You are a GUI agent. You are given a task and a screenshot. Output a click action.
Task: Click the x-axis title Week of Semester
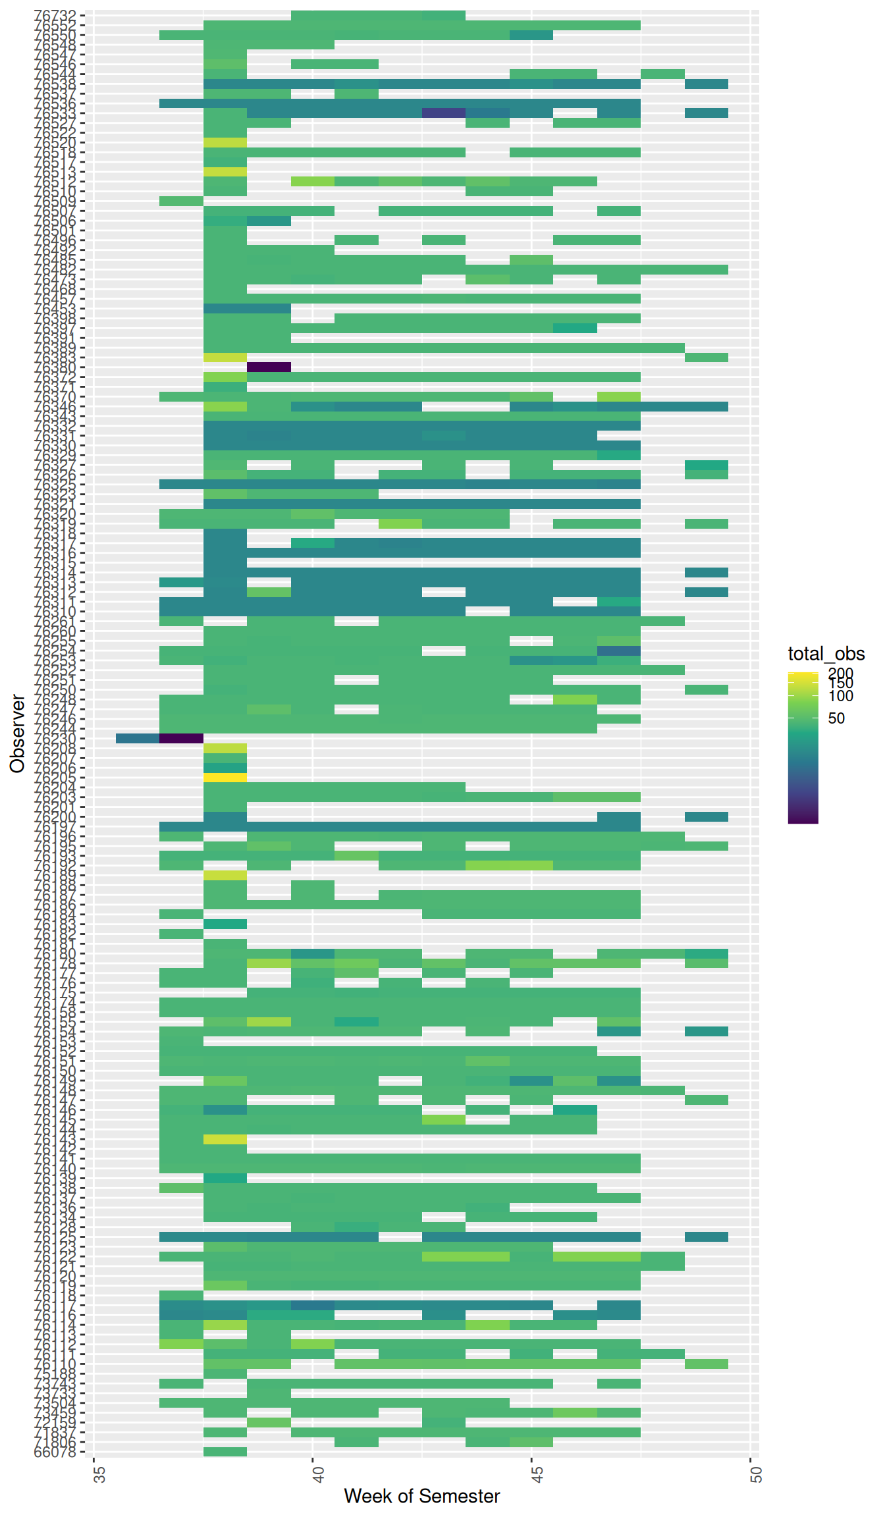(x=421, y=1497)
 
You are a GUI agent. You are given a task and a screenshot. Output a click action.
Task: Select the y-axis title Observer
(x=17, y=733)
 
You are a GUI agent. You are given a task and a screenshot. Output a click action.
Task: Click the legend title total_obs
(x=826, y=654)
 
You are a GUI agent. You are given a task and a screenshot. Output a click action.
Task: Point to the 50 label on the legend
(x=836, y=718)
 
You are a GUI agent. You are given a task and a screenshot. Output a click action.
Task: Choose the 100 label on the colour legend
(x=841, y=696)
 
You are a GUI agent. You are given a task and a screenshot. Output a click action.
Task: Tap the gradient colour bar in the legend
(x=803, y=748)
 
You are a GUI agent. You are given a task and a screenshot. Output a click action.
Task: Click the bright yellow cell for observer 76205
(x=225, y=778)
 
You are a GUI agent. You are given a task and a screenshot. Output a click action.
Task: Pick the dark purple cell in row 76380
(x=269, y=367)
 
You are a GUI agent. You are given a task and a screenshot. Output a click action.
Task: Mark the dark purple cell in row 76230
(x=181, y=739)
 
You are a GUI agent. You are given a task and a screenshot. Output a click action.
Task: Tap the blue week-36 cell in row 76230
(x=138, y=739)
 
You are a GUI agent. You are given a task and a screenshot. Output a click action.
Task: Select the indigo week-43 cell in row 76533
(x=444, y=113)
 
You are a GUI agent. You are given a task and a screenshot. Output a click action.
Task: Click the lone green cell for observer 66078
(x=225, y=1451)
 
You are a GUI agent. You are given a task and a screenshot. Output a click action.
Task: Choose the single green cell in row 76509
(x=181, y=201)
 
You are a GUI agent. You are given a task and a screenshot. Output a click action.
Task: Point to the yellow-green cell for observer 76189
(x=225, y=875)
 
